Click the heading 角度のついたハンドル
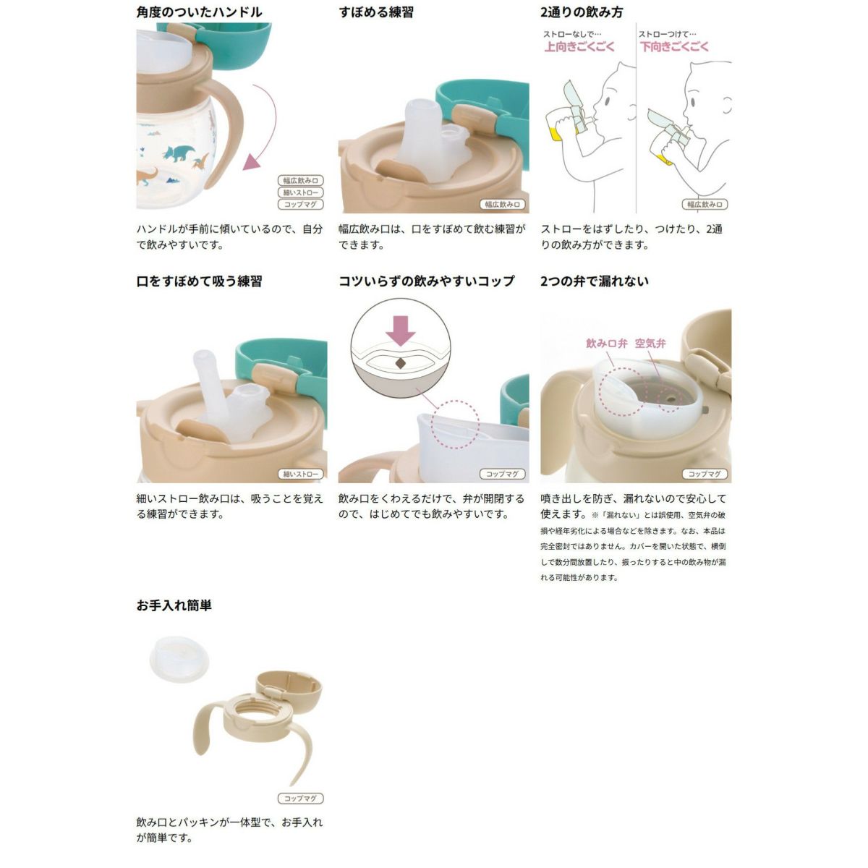pyautogui.click(x=199, y=12)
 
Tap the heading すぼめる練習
pyautogui.click(x=376, y=12)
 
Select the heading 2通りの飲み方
pyautogui.click(x=582, y=12)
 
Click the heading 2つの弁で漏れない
pyautogui.click(x=595, y=281)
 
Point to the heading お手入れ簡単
pyautogui.click(x=174, y=605)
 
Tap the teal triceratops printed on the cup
pyautogui.click(x=179, y=153)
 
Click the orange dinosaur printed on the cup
pyautogui.click(x=148, y=176)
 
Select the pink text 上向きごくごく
pyautogui.click(x=579, y=47)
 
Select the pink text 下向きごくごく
pyautogui.click(x=674, y=47)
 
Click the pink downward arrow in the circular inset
pyautogui.click(x=401, y=330)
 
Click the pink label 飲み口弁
pyautogui.click(x=606, y=344)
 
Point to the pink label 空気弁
pyautogui.click(x=650, y=344)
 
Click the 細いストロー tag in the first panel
pyautogui.click(x=300, y=192)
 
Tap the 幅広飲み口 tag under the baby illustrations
pyautogui.click(x=705, y=205)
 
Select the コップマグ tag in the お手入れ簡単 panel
pyautogui.click(x=300, y=799)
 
